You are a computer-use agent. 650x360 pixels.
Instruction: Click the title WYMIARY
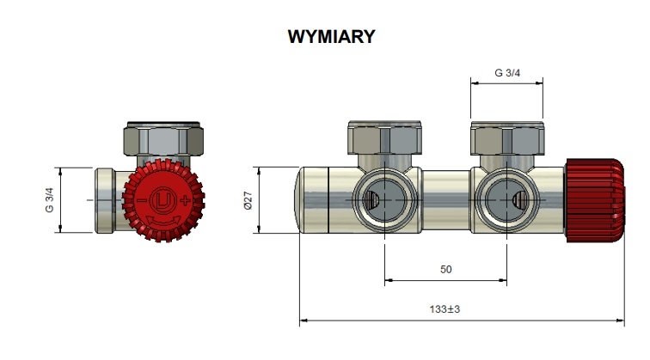[331, 36]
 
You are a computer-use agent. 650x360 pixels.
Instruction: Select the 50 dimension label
[445, 270]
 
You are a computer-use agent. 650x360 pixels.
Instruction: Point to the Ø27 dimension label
[248, 200]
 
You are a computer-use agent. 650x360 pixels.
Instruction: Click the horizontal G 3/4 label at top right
[507, 73]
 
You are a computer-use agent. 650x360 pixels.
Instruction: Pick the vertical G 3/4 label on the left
[49, 200]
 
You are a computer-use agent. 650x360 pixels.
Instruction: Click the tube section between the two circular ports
[445, 199]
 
